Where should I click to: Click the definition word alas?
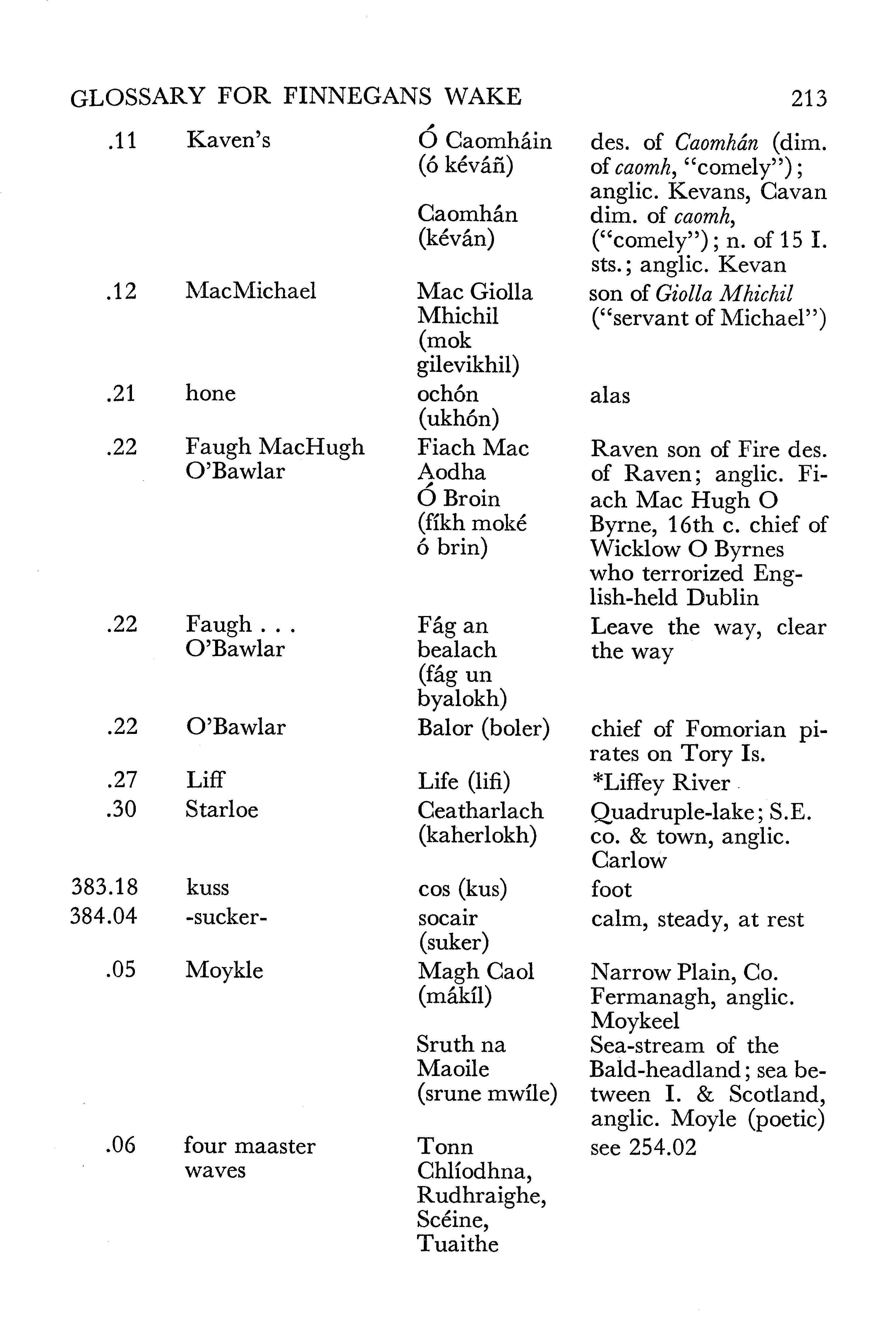[x=610, y=396]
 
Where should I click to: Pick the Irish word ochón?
[x=447, y=394]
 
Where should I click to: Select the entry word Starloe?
[x=222, y=810]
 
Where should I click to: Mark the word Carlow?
[x=629, y=860]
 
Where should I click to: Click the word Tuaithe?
[x=457, y=1244]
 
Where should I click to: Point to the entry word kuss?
[x=207, y=888]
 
